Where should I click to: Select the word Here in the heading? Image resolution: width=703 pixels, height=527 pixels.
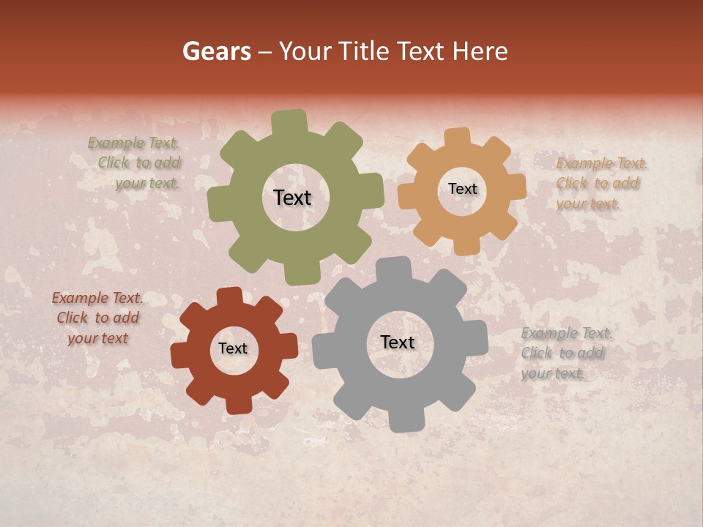(480, 51)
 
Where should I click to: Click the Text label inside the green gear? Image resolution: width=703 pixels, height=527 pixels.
(292, 198)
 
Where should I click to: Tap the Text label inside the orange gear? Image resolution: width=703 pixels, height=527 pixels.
(462, 189)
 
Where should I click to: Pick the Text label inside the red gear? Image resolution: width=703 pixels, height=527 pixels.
(233, 349)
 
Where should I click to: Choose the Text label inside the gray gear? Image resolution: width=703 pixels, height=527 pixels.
(398, 343)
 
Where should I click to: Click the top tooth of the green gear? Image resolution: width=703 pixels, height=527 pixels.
(289, 122)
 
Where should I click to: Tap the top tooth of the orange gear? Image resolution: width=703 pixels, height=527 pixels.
(458, 138)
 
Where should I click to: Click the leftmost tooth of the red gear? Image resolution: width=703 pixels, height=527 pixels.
(180, 355)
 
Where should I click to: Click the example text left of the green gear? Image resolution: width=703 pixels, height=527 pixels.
(136, 163)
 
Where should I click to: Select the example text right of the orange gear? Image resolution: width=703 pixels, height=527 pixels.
(600, 183)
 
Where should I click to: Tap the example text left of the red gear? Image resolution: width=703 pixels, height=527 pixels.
(98, 318)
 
